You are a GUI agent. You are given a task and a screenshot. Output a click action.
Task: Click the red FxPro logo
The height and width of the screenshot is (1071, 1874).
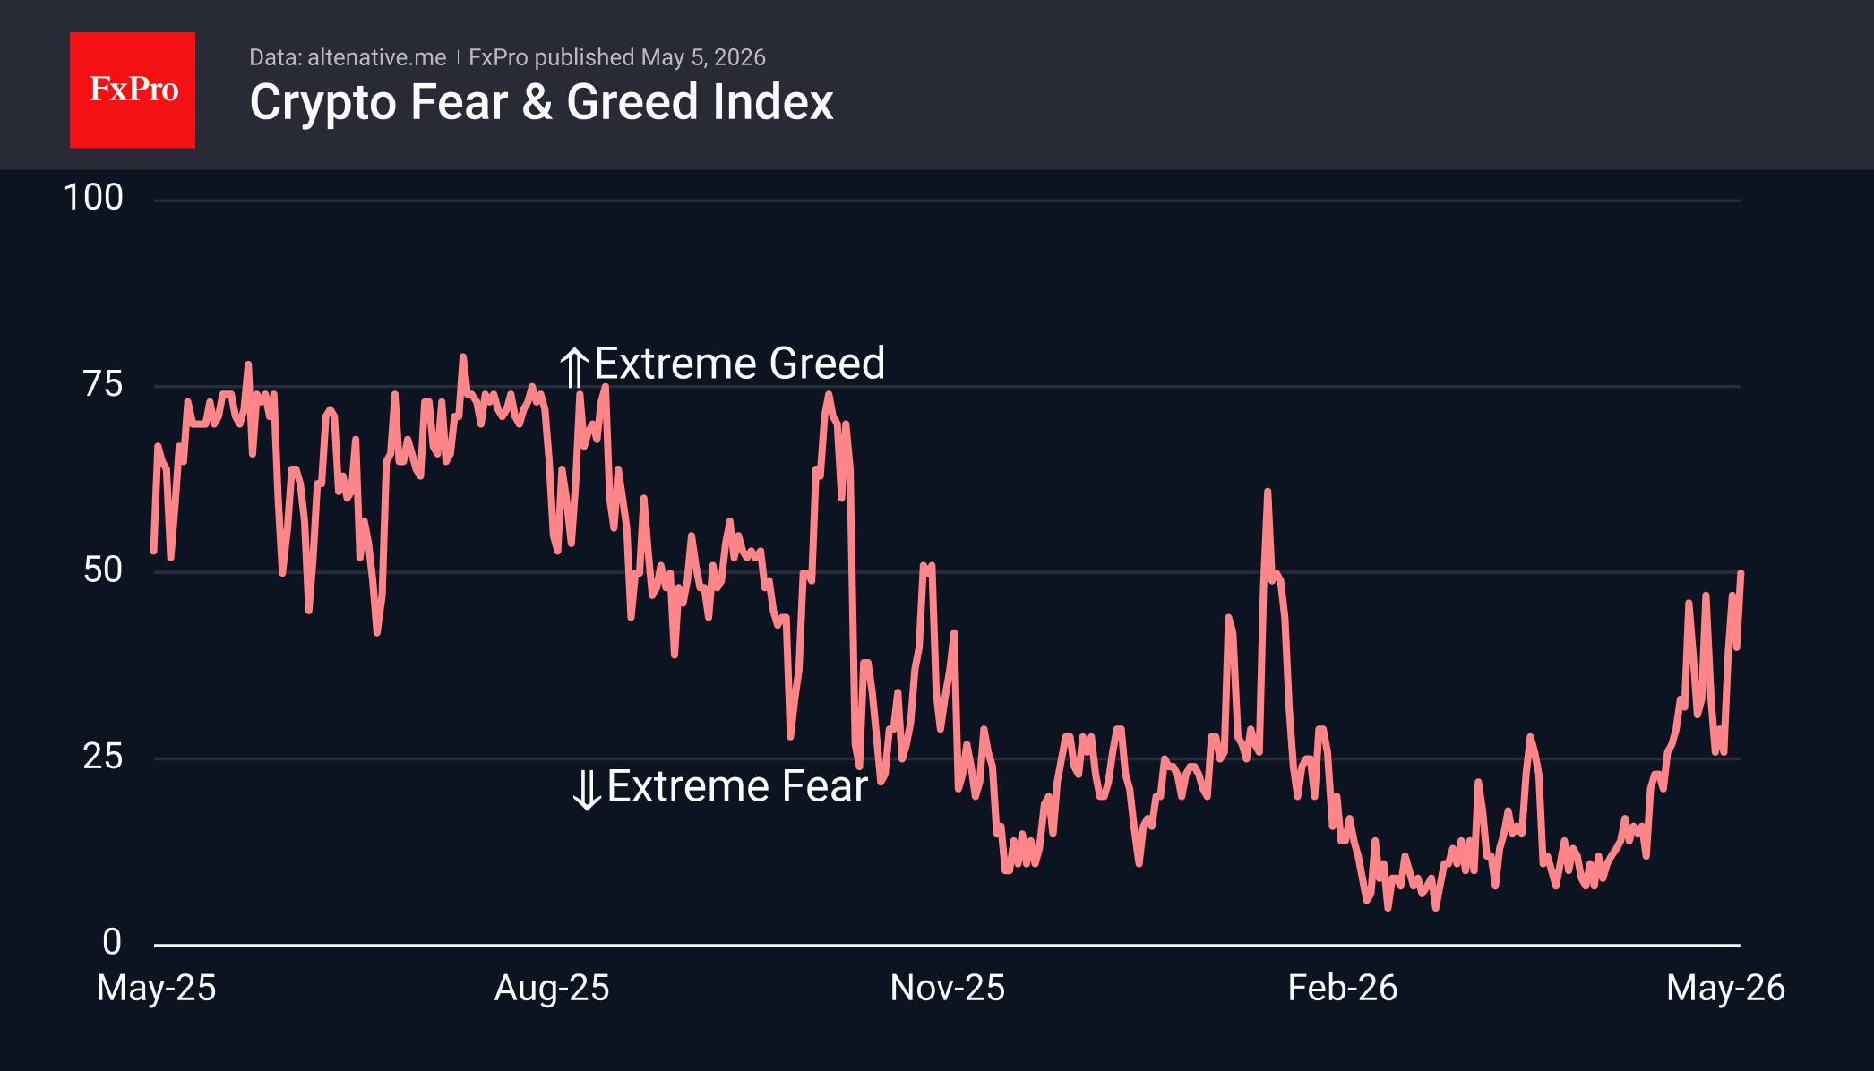click(x=133, y=90)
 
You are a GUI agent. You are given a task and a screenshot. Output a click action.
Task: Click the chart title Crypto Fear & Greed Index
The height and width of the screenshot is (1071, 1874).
click(x=541, y=102)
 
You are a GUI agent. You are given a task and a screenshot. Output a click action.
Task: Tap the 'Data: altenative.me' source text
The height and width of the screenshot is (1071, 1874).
click(x=348, y=57)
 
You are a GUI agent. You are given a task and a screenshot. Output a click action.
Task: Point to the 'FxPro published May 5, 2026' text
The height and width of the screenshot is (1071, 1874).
click(x=617, y=57)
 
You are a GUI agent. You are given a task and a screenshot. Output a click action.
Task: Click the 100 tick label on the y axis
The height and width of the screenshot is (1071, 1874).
click(x=93, y=198)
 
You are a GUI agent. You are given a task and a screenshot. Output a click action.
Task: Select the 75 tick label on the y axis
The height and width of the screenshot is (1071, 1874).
click(x=103, y=384)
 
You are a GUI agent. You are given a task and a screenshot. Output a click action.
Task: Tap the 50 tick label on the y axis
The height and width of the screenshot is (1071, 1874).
click(x=103, y=570)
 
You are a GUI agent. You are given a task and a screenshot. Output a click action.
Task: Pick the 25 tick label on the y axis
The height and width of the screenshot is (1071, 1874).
click(x=103, y=757)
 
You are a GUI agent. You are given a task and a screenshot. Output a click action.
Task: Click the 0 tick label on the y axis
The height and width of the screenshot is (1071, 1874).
click(x=112, y=942)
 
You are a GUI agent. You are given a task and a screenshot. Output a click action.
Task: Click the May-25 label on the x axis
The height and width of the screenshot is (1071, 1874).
click(x=157, y=988)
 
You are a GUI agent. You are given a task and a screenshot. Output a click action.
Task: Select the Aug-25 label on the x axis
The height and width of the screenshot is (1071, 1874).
click(x=552, y=988)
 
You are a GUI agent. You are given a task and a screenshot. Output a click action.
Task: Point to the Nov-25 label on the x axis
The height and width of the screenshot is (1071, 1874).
click(x=948, y=988)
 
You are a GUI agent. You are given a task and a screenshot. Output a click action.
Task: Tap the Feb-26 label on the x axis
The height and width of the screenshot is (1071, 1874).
click(x=1343, y=988)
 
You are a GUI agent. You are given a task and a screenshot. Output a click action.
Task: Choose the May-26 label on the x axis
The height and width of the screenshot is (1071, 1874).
click(x=1726, y=988)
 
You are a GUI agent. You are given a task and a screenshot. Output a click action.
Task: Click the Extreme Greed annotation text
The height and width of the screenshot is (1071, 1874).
click(x=740, y=364)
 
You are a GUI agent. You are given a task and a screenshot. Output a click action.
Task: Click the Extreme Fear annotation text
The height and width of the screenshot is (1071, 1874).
click(x=737, y=786)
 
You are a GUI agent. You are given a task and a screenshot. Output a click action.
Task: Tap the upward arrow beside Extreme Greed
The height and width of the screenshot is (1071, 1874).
click(x=574, y=367)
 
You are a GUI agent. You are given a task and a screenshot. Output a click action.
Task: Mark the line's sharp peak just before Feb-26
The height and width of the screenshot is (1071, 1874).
click(x=1268, y=492)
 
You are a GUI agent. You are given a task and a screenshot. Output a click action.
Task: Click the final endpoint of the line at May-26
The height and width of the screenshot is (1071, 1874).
click(x=1741, y=572)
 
